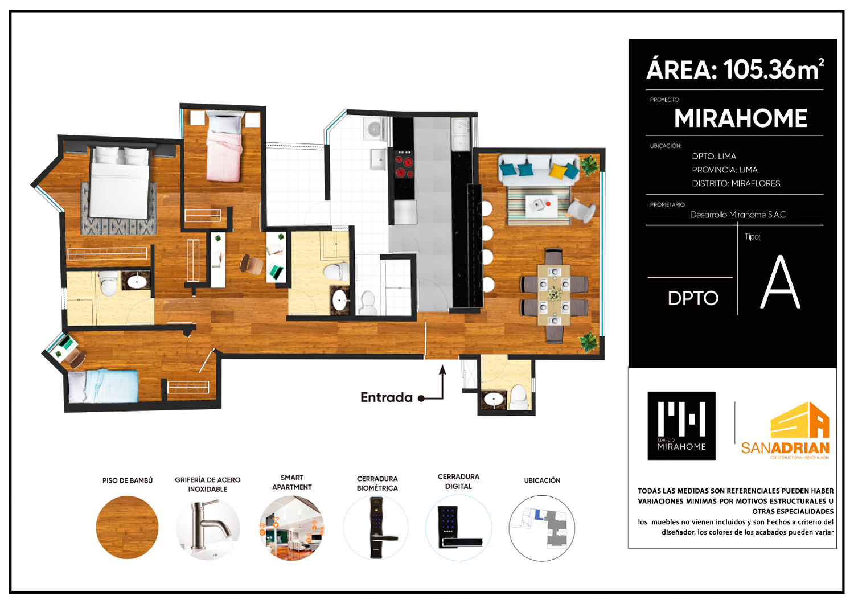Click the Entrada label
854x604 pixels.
[x=386, y=397]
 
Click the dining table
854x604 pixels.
[x=554, y=295]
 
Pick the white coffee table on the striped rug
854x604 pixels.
[x=542, y=206]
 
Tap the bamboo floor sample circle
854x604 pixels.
[x=127, y=527]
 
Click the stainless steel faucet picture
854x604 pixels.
[x=208, y=528]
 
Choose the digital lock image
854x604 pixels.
[x=458, y=528]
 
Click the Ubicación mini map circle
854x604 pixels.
[x=542, y=528]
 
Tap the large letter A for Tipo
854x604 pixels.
[x=780, y=282]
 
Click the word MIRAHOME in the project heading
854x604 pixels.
[x=741, y=118]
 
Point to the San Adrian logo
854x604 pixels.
[x=785, y=432]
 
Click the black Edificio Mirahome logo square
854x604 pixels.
[x=681, y=426]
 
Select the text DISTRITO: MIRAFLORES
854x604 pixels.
[x=736, y=183]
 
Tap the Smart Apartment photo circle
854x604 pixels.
[x=291, y=528]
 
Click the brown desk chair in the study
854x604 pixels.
[x=252, y=264]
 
